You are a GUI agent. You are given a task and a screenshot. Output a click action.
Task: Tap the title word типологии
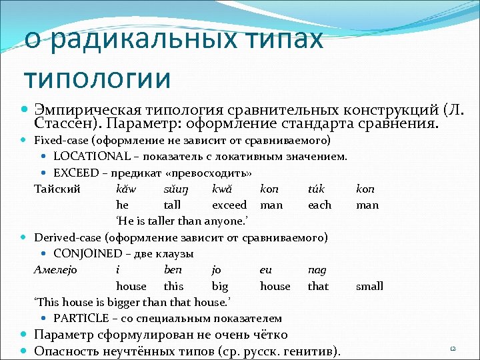pyautogui.click(x=97, y=77)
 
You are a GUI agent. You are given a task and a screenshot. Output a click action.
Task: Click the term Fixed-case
pyautogui.click(x=61, y=141)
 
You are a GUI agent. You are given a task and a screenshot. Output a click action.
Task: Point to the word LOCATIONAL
pyautogui.click(x=92, y=157)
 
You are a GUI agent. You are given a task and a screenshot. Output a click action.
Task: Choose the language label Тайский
pyautogui.click(x=57, y=189)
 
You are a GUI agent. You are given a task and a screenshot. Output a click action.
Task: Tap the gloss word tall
pyautogui.click(x=172, y=205)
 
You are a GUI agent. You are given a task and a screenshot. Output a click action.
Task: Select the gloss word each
pyautogui.click(x=319, y=205)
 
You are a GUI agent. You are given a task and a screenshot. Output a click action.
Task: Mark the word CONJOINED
pyautogui.click(x=87, y=253)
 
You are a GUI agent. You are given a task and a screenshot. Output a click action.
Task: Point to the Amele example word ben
pyautogui.click(x=173, y=269)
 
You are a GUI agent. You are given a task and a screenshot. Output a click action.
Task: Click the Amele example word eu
pyautogui.click(x=267, y=269)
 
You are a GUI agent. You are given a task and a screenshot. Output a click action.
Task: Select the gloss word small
pyautogui.click(x=369, y=286)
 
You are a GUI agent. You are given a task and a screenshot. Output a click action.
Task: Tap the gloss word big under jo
pyautogui.click(x=219, y=286)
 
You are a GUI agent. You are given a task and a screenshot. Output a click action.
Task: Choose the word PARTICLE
pyautogui.click(x=82, y=318)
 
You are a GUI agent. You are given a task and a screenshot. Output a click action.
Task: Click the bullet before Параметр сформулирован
pyautogui.click(x=25, y=335)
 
